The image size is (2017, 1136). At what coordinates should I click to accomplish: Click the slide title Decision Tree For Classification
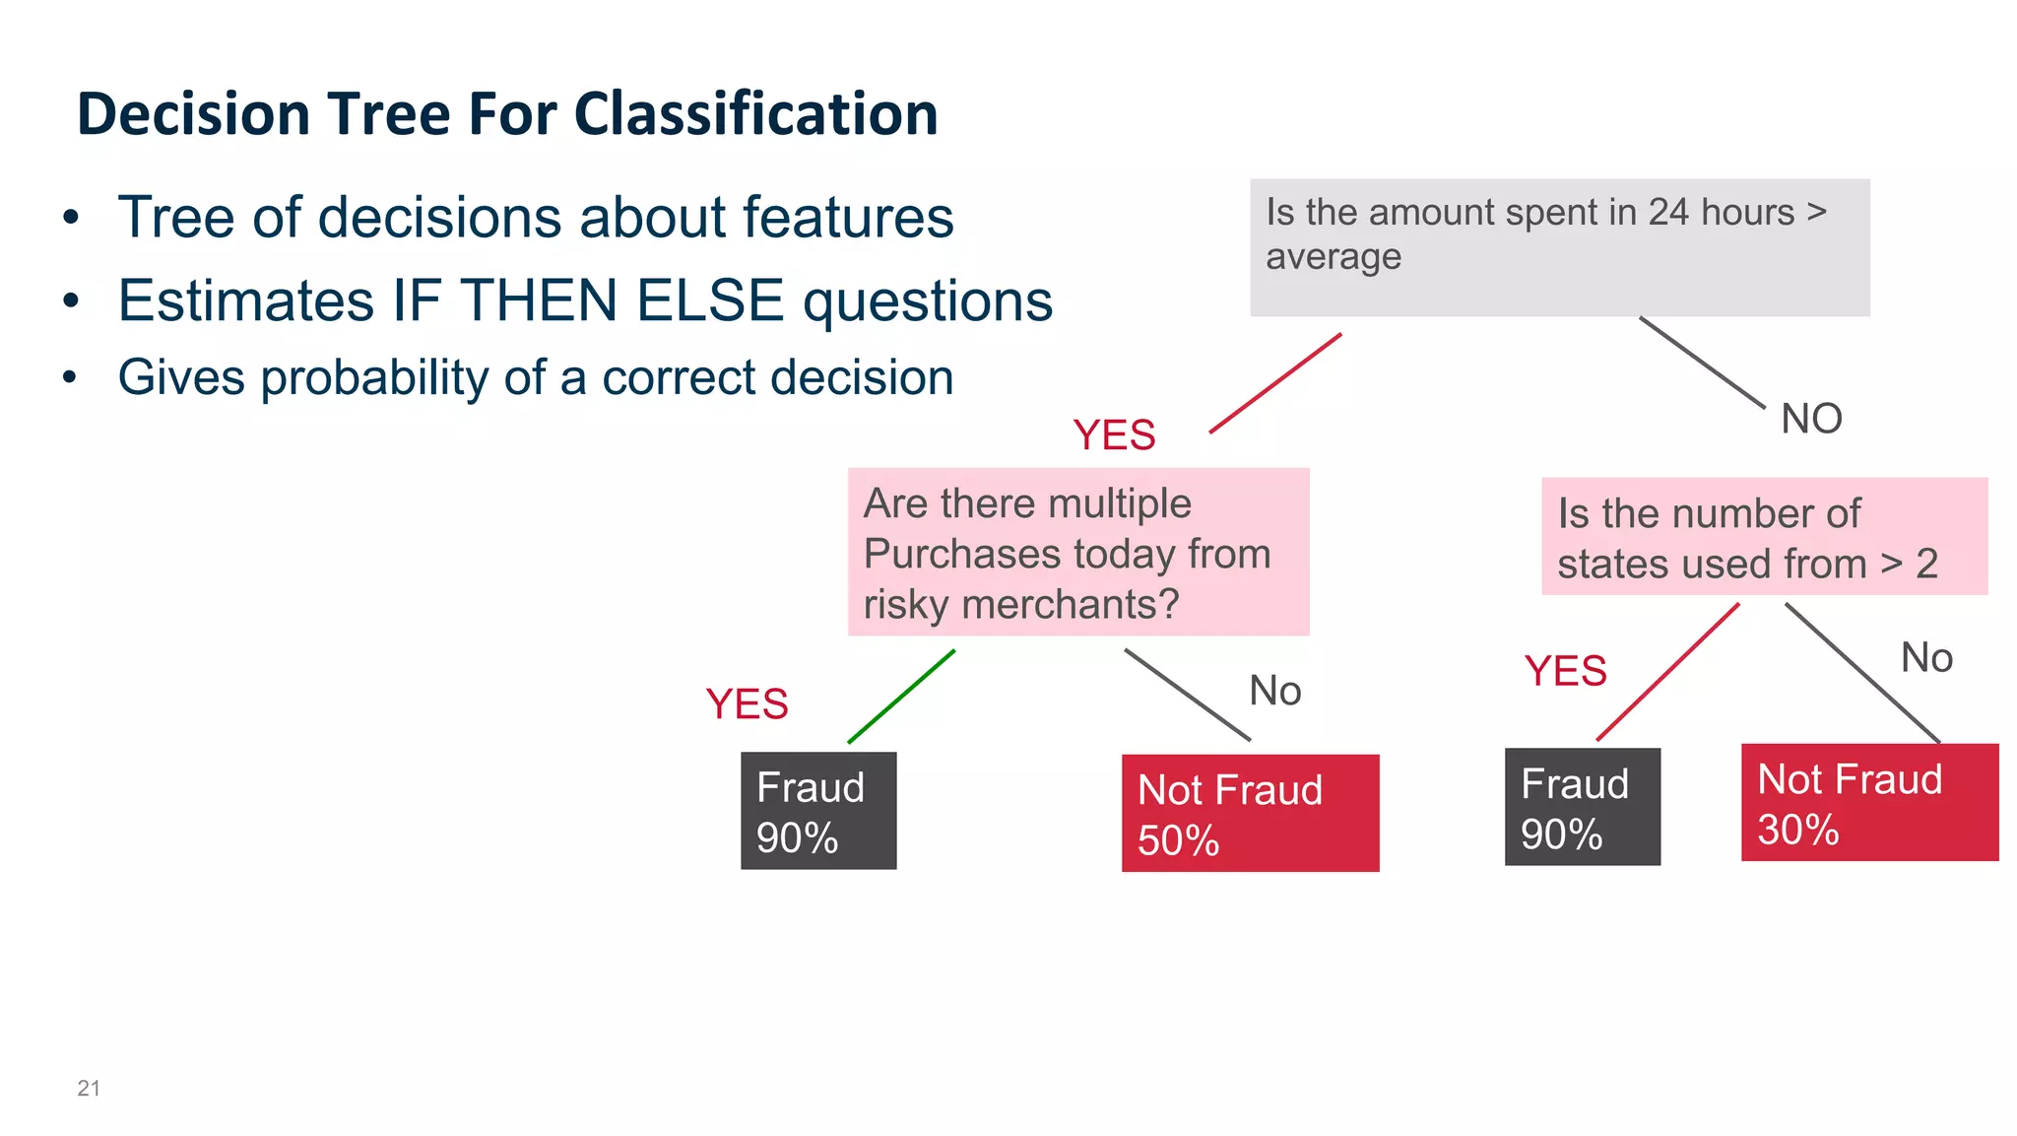[x=507, y=113]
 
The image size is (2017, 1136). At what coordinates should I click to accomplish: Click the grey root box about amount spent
[x=1559, y=247]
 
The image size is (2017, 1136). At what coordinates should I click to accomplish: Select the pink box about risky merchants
[x=1077, y=552]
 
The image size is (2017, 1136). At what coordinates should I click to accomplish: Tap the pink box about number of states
[x=1763, y=537]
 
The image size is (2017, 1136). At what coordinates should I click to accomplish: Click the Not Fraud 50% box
[x=1250, y=813]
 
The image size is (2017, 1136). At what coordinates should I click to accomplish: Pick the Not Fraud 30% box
[x=1868, y=802]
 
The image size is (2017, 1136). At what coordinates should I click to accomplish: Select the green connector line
[x=901, y=696]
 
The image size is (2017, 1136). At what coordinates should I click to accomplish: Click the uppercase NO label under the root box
[x=1811, y=420]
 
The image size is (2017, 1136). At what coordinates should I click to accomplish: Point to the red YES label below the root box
[x=1114, y=435]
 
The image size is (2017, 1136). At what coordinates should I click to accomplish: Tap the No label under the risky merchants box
[x=1274, y=691]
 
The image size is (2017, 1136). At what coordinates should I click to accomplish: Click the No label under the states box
[x=1925, y=657]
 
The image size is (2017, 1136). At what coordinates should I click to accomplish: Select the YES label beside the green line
[x=747, y=704]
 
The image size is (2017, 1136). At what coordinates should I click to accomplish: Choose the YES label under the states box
[x=1565, y=671]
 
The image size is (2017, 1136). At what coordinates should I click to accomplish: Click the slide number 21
[x=89, y=1088]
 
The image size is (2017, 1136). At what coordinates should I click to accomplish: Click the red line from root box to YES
[x=1275, y=383]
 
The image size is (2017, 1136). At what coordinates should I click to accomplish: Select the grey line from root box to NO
[x=1701, y=362]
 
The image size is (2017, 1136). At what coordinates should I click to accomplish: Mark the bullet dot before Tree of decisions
[x=70, y=217]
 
